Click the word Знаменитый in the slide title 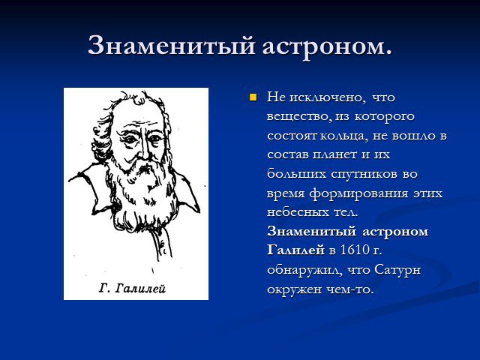pos(171,45)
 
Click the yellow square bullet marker pos(253,97)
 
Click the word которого pos(385,117)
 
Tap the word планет pos(334,154)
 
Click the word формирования pos(358,193)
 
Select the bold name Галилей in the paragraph pos(295,250)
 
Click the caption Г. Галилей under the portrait pos(132,288)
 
